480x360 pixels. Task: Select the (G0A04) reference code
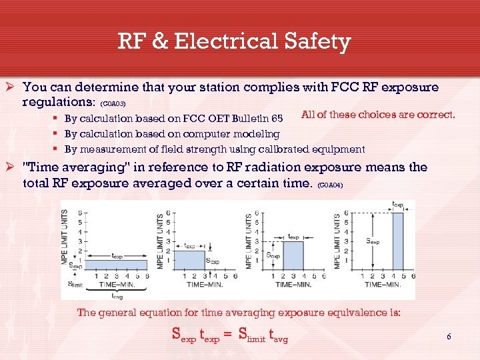tap(331, 185)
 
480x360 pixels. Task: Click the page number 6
tap(449, 337)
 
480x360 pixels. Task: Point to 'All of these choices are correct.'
tap(378, 115)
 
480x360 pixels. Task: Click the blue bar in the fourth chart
tap(397, 241)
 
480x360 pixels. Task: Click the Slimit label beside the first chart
tap(75, 283)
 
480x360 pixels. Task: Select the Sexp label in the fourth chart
tap(373, 242)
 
